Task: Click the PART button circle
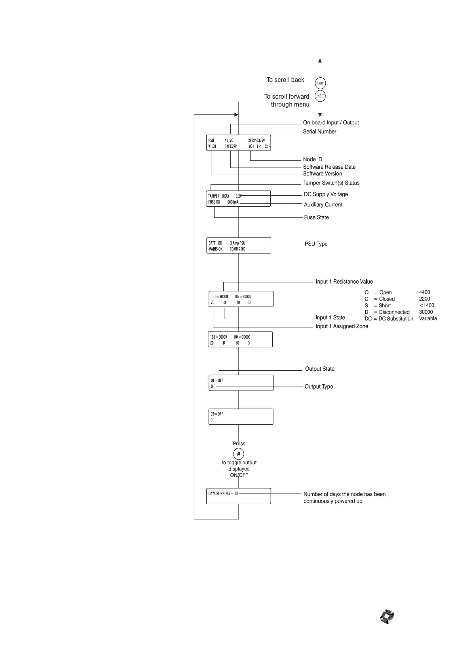[x=320, y=84]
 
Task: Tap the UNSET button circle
[x=320, y=96]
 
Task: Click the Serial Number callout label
[x=319, y=131]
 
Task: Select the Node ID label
[x=312, y=159]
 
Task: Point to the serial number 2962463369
[x=256, y=140]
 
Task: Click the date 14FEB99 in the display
[x=230, y=147]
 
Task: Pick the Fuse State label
[x=316, y=217]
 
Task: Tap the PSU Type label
[x=316, y=244]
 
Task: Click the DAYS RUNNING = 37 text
[x=223, y=494]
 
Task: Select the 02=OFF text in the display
[x=217, y=414]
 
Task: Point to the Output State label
[x=319, y=369]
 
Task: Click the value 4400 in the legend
[x=424, y=292]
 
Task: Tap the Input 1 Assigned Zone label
[x=342, y=326]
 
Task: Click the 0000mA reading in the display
[x=233, y=202]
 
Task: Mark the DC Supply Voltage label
[x=326, y=194]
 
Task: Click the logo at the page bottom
[x=387, y=617]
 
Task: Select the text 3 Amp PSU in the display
[x=237, y=243]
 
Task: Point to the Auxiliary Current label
[x=323, y=205]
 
